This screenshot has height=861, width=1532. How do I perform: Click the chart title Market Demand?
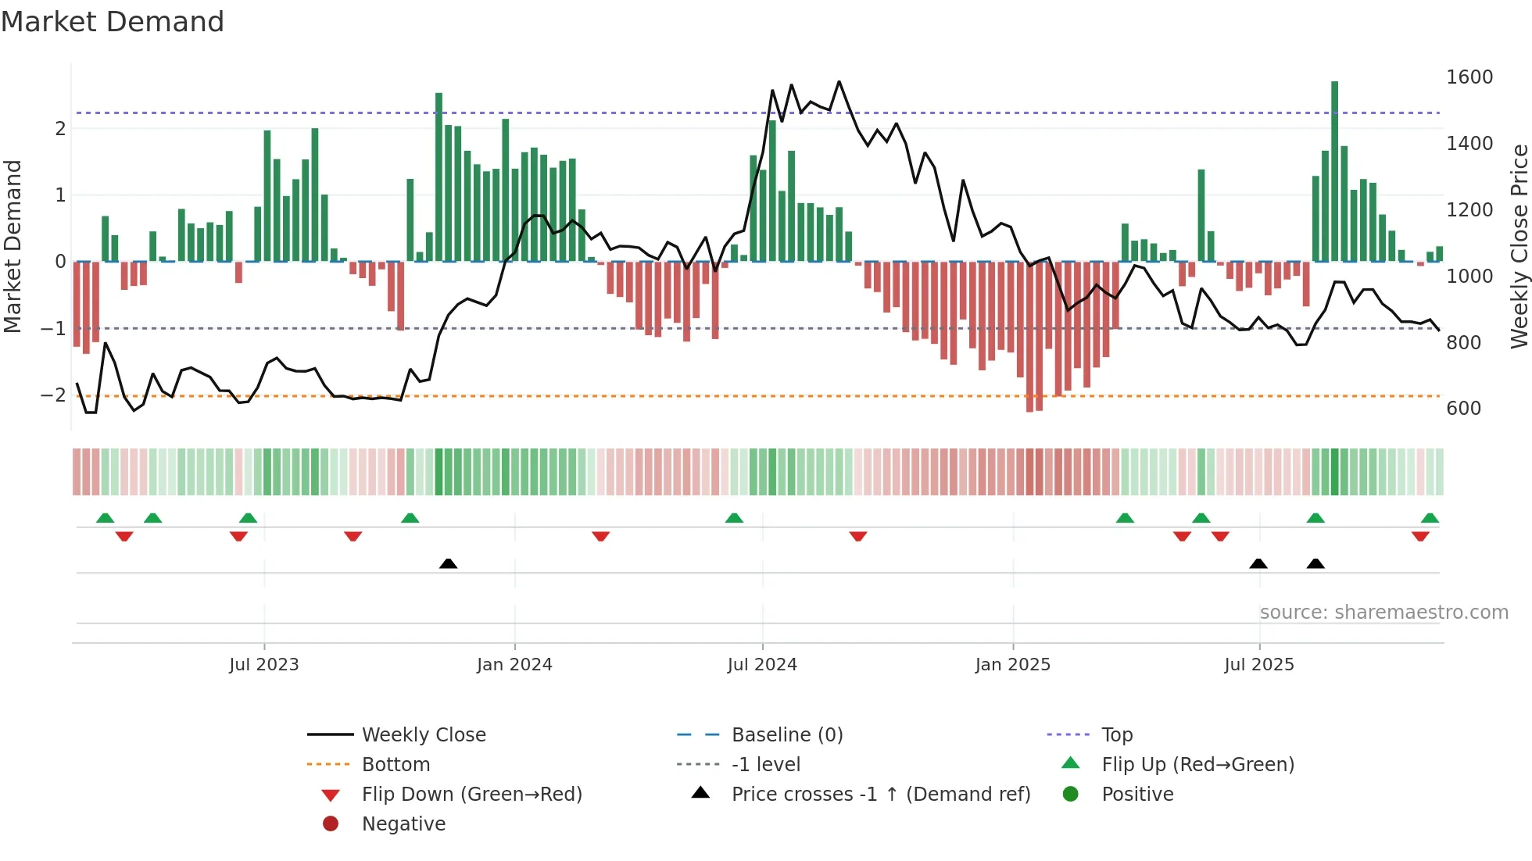tap(113, 22)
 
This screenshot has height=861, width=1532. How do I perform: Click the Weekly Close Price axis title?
tap(1519, 246)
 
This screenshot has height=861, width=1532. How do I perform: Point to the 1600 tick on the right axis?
tap(1469, 77)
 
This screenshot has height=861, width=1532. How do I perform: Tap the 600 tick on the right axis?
tap(1463, 409)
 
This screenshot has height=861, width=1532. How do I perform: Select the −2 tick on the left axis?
tap(53, 395)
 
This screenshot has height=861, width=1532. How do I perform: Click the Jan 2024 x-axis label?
tap(514, 665)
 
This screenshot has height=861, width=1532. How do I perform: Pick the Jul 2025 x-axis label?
tap(1258, 665)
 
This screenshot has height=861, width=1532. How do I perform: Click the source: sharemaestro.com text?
tap(1383, 613)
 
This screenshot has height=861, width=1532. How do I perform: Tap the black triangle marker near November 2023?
tap(448, 563)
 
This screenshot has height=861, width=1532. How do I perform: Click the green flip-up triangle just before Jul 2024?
tap(734, 518)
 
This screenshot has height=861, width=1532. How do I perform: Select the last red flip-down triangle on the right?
tap(1420, 536)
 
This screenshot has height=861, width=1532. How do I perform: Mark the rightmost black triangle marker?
tap(1315, 563)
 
